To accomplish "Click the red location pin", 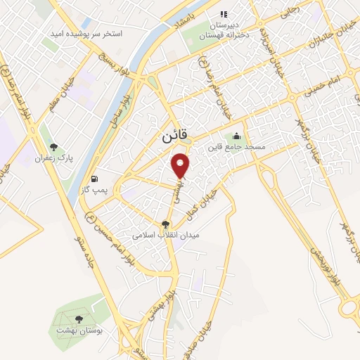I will coord(181,165).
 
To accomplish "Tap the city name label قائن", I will coord(167,139).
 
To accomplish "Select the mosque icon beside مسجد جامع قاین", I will coord(236,136).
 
